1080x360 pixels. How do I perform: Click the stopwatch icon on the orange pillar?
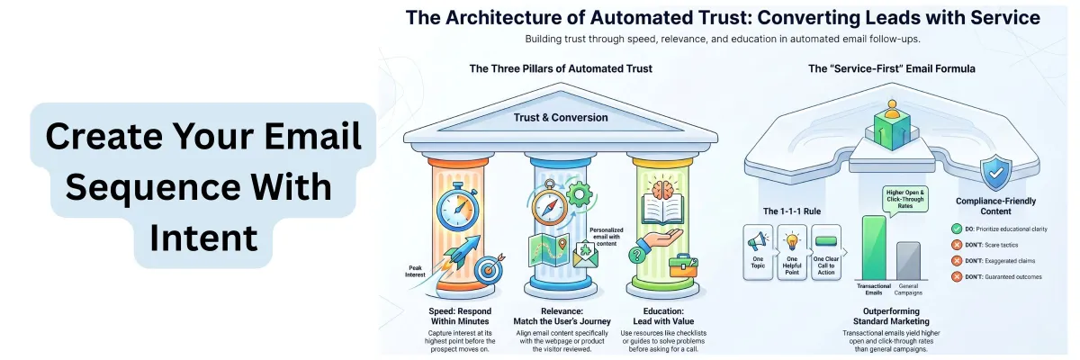[x=457, y=207]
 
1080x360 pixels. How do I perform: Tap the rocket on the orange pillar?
[x=462, y=252]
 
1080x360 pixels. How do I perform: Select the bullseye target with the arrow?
[x=489, y=269]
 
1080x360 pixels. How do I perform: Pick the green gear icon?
[x=579, y=194]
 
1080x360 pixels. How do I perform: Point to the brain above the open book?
[x=662, y=188]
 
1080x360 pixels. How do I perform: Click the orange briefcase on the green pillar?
[x=683, y=266]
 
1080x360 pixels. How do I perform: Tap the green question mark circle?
[x=636, y=255]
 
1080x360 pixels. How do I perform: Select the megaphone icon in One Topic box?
[x=758, y=240]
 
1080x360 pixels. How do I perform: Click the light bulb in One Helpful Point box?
[x=792, y=240]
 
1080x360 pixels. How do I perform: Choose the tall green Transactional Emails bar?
[x=874, y=247]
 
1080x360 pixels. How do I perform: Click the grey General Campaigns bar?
[x=908, y=261]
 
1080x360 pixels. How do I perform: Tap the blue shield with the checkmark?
[x=995, y=173]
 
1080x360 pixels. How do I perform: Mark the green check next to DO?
[x=957, y=229]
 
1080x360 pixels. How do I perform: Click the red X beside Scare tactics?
[x=957, y=245]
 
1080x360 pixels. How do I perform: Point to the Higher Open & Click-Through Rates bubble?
[x=905, y=200]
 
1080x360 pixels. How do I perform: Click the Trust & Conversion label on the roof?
[x=560, y=118]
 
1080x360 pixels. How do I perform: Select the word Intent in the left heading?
[x=204, y=238]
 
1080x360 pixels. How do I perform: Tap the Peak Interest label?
[x=415, y=271]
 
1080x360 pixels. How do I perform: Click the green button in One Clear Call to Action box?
[x=826, y=241]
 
